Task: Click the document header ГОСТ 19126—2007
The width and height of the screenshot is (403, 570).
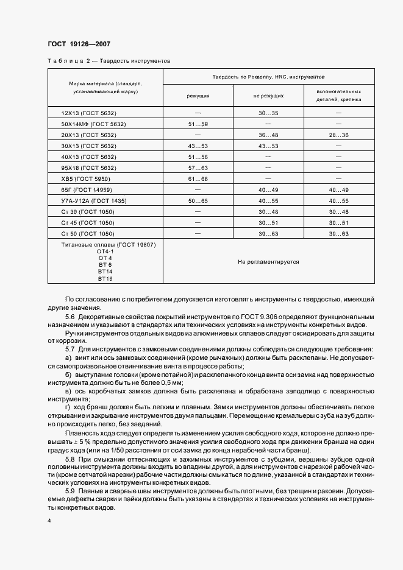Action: click(78, 44)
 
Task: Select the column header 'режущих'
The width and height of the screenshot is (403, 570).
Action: click(198, 96)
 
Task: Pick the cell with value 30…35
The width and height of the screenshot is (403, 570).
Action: click(268, 113)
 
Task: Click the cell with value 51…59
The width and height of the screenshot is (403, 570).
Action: click(198, 124)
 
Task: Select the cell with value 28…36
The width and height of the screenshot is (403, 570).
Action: click(338, 135)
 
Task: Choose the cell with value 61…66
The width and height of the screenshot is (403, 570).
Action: click(198, 178)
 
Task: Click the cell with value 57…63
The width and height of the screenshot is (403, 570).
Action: click(198, 167)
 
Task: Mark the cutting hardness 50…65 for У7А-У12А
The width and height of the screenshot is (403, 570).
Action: click(198, 200)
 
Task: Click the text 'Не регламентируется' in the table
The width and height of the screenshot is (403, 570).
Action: click(268, 261)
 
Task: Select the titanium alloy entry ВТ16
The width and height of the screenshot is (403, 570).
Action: click(105, 278)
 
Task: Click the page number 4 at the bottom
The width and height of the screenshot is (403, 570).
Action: click(49, 521)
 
